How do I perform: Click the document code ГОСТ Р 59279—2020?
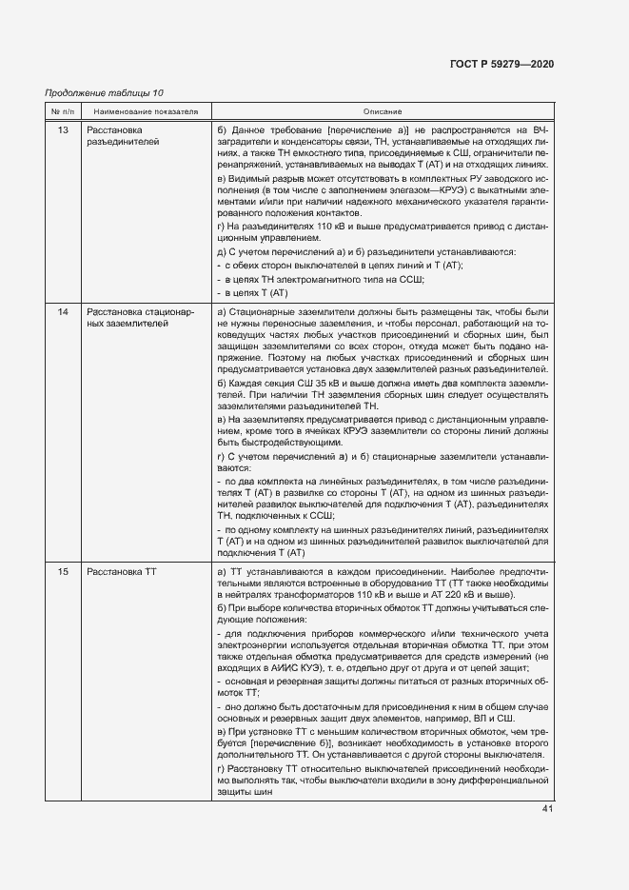click(x=501, y=64)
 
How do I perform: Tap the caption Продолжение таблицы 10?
click(x=105, y=92)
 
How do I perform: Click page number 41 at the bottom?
click(x=547, y=809)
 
